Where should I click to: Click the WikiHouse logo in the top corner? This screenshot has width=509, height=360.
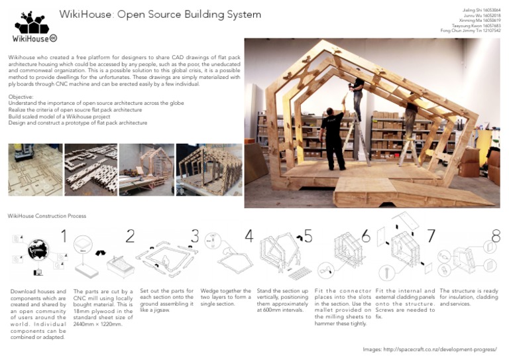[31, 28]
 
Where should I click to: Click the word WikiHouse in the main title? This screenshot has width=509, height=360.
[85, 15]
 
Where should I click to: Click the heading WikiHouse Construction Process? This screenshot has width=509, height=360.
[46, 216]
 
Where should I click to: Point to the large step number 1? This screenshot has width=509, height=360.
[64, 236]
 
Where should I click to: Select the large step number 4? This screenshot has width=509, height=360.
[249, 236]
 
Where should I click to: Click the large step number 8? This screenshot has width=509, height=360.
[495, 236]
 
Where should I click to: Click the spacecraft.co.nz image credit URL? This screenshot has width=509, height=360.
[438, 349]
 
